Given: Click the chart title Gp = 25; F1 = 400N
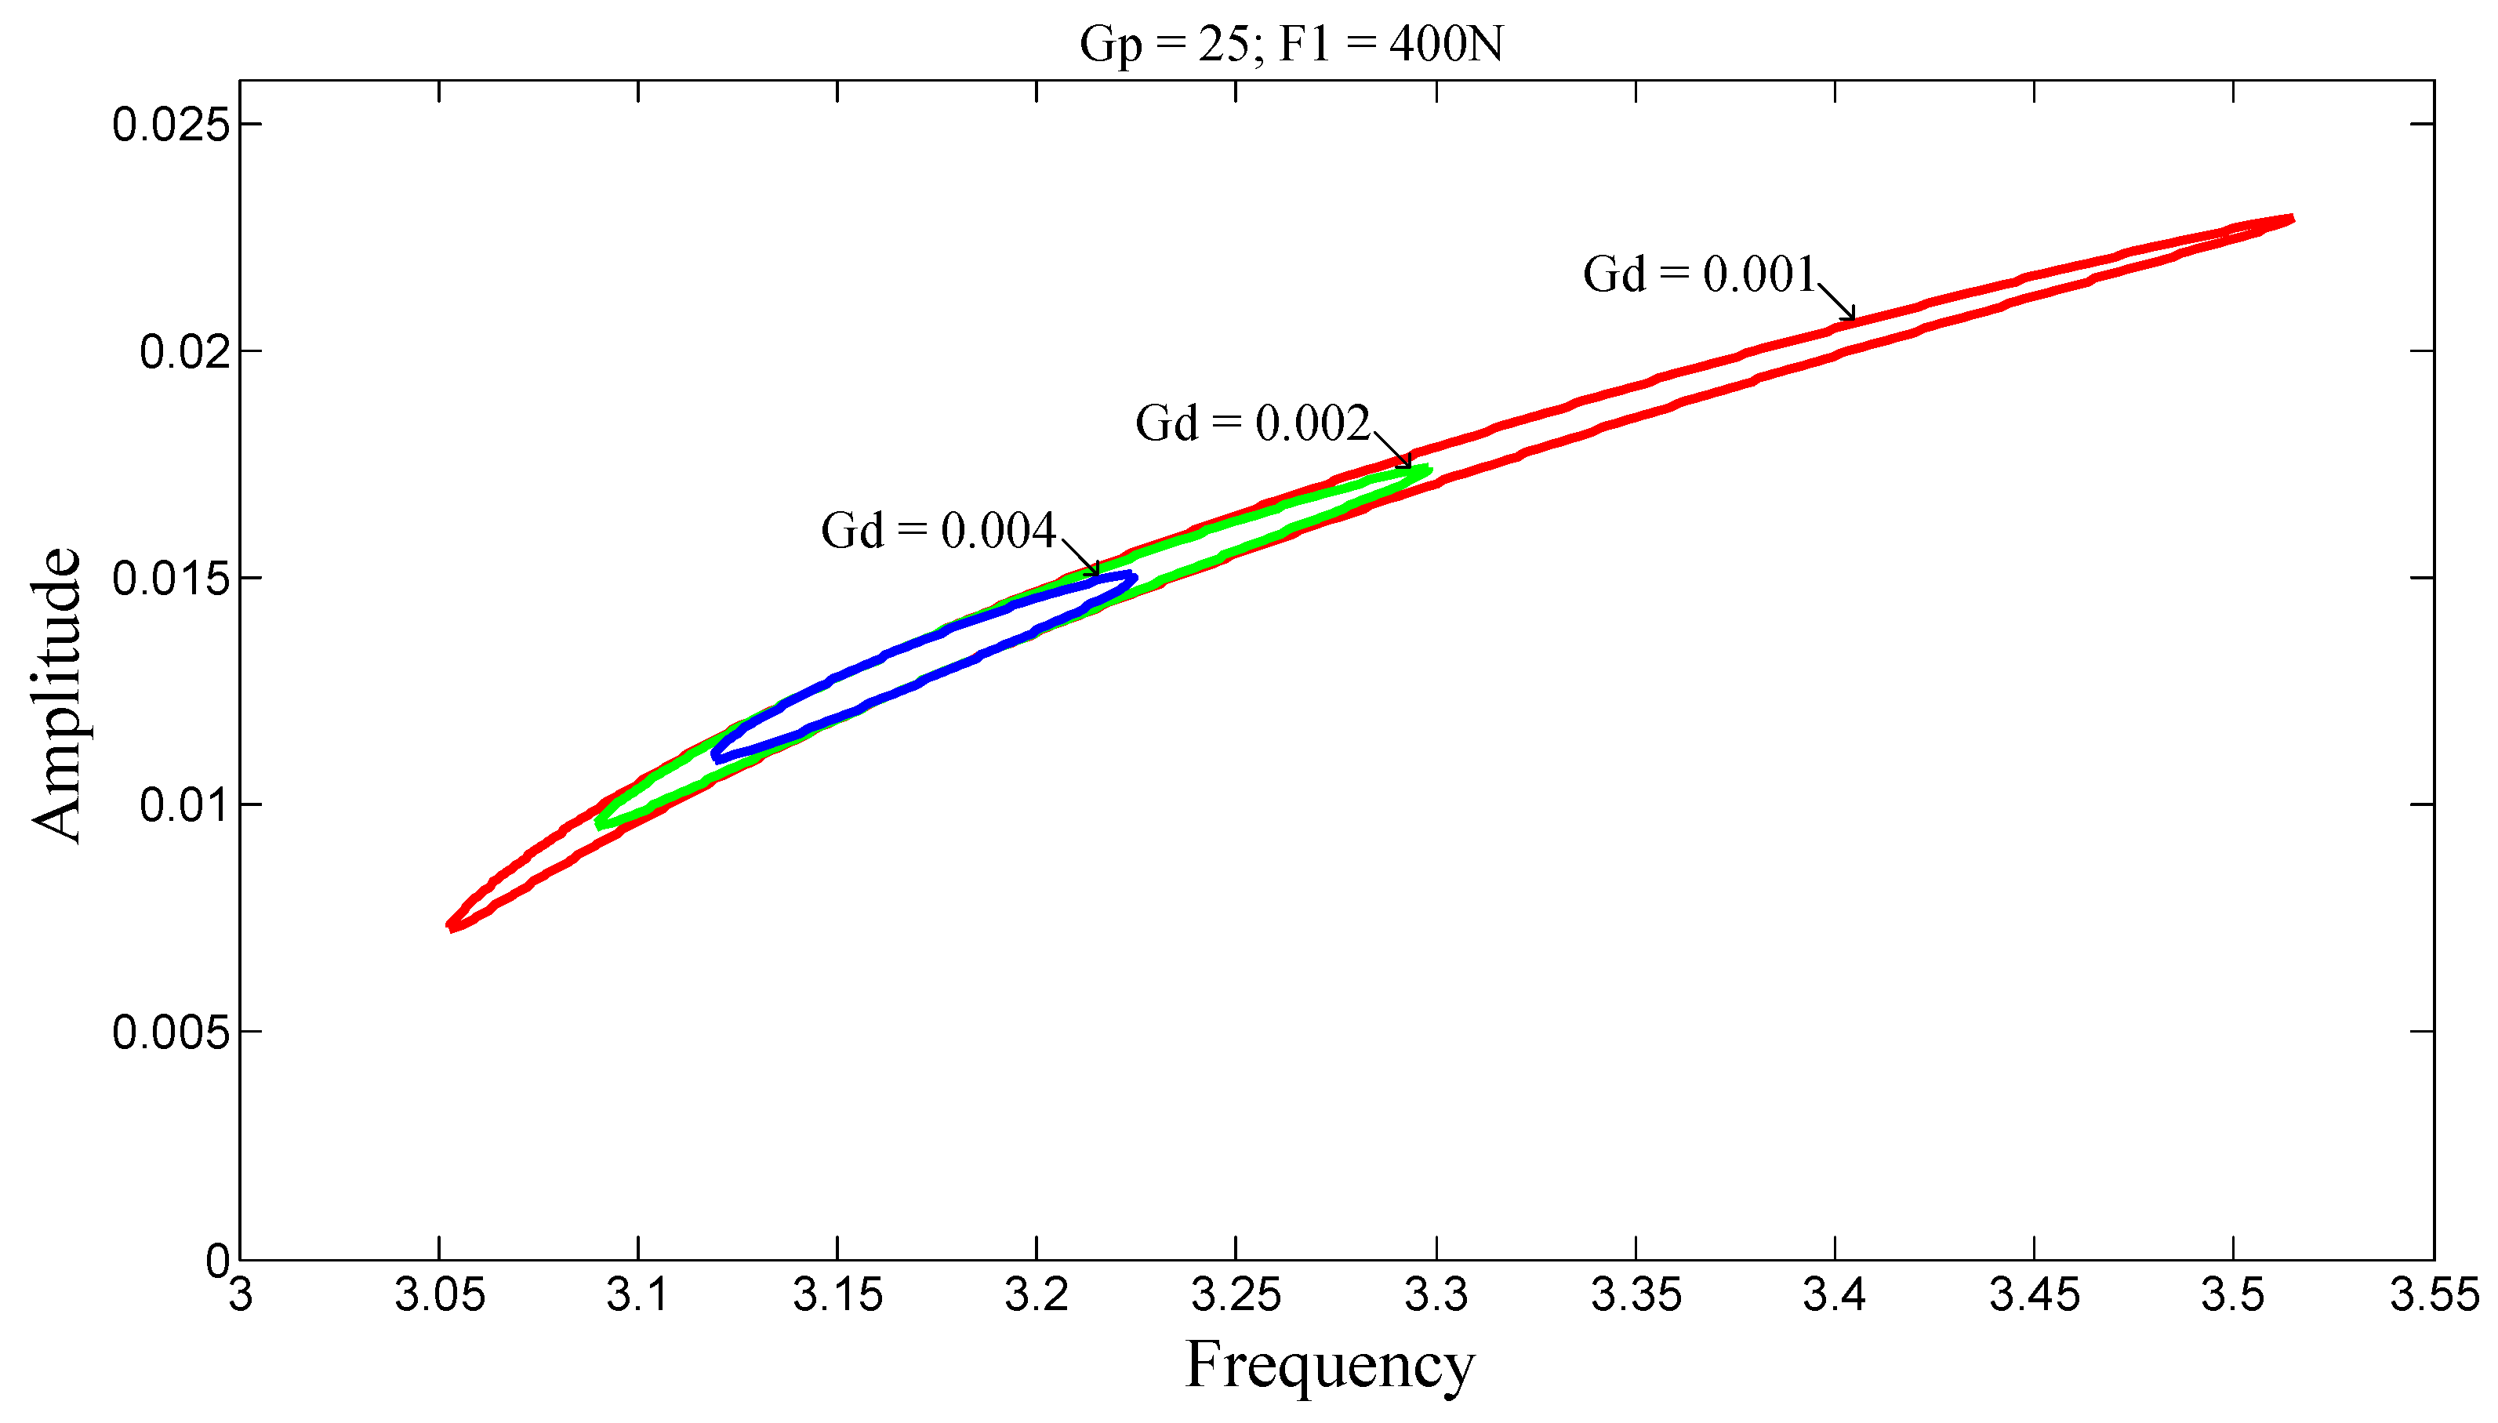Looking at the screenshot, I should pos(1290,44).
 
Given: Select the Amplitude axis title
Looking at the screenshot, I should pos(56,694).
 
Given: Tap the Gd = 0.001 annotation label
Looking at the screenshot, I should pos(1698,274).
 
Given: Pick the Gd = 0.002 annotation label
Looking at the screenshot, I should pos(1252,423).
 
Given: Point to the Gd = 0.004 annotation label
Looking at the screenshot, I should pos(939,531).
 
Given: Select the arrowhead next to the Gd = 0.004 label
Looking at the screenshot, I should pos(1095,571).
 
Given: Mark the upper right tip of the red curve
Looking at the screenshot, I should pos(2289,219).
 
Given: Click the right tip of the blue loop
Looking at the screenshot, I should pos(1133,578).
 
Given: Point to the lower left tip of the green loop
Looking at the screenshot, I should pos(600,823).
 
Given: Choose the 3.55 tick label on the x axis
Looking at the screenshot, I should pos(2434,1296).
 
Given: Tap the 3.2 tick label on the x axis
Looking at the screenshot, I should pos(1036,1296).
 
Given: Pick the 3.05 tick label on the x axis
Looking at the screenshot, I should pos(439,1296).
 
